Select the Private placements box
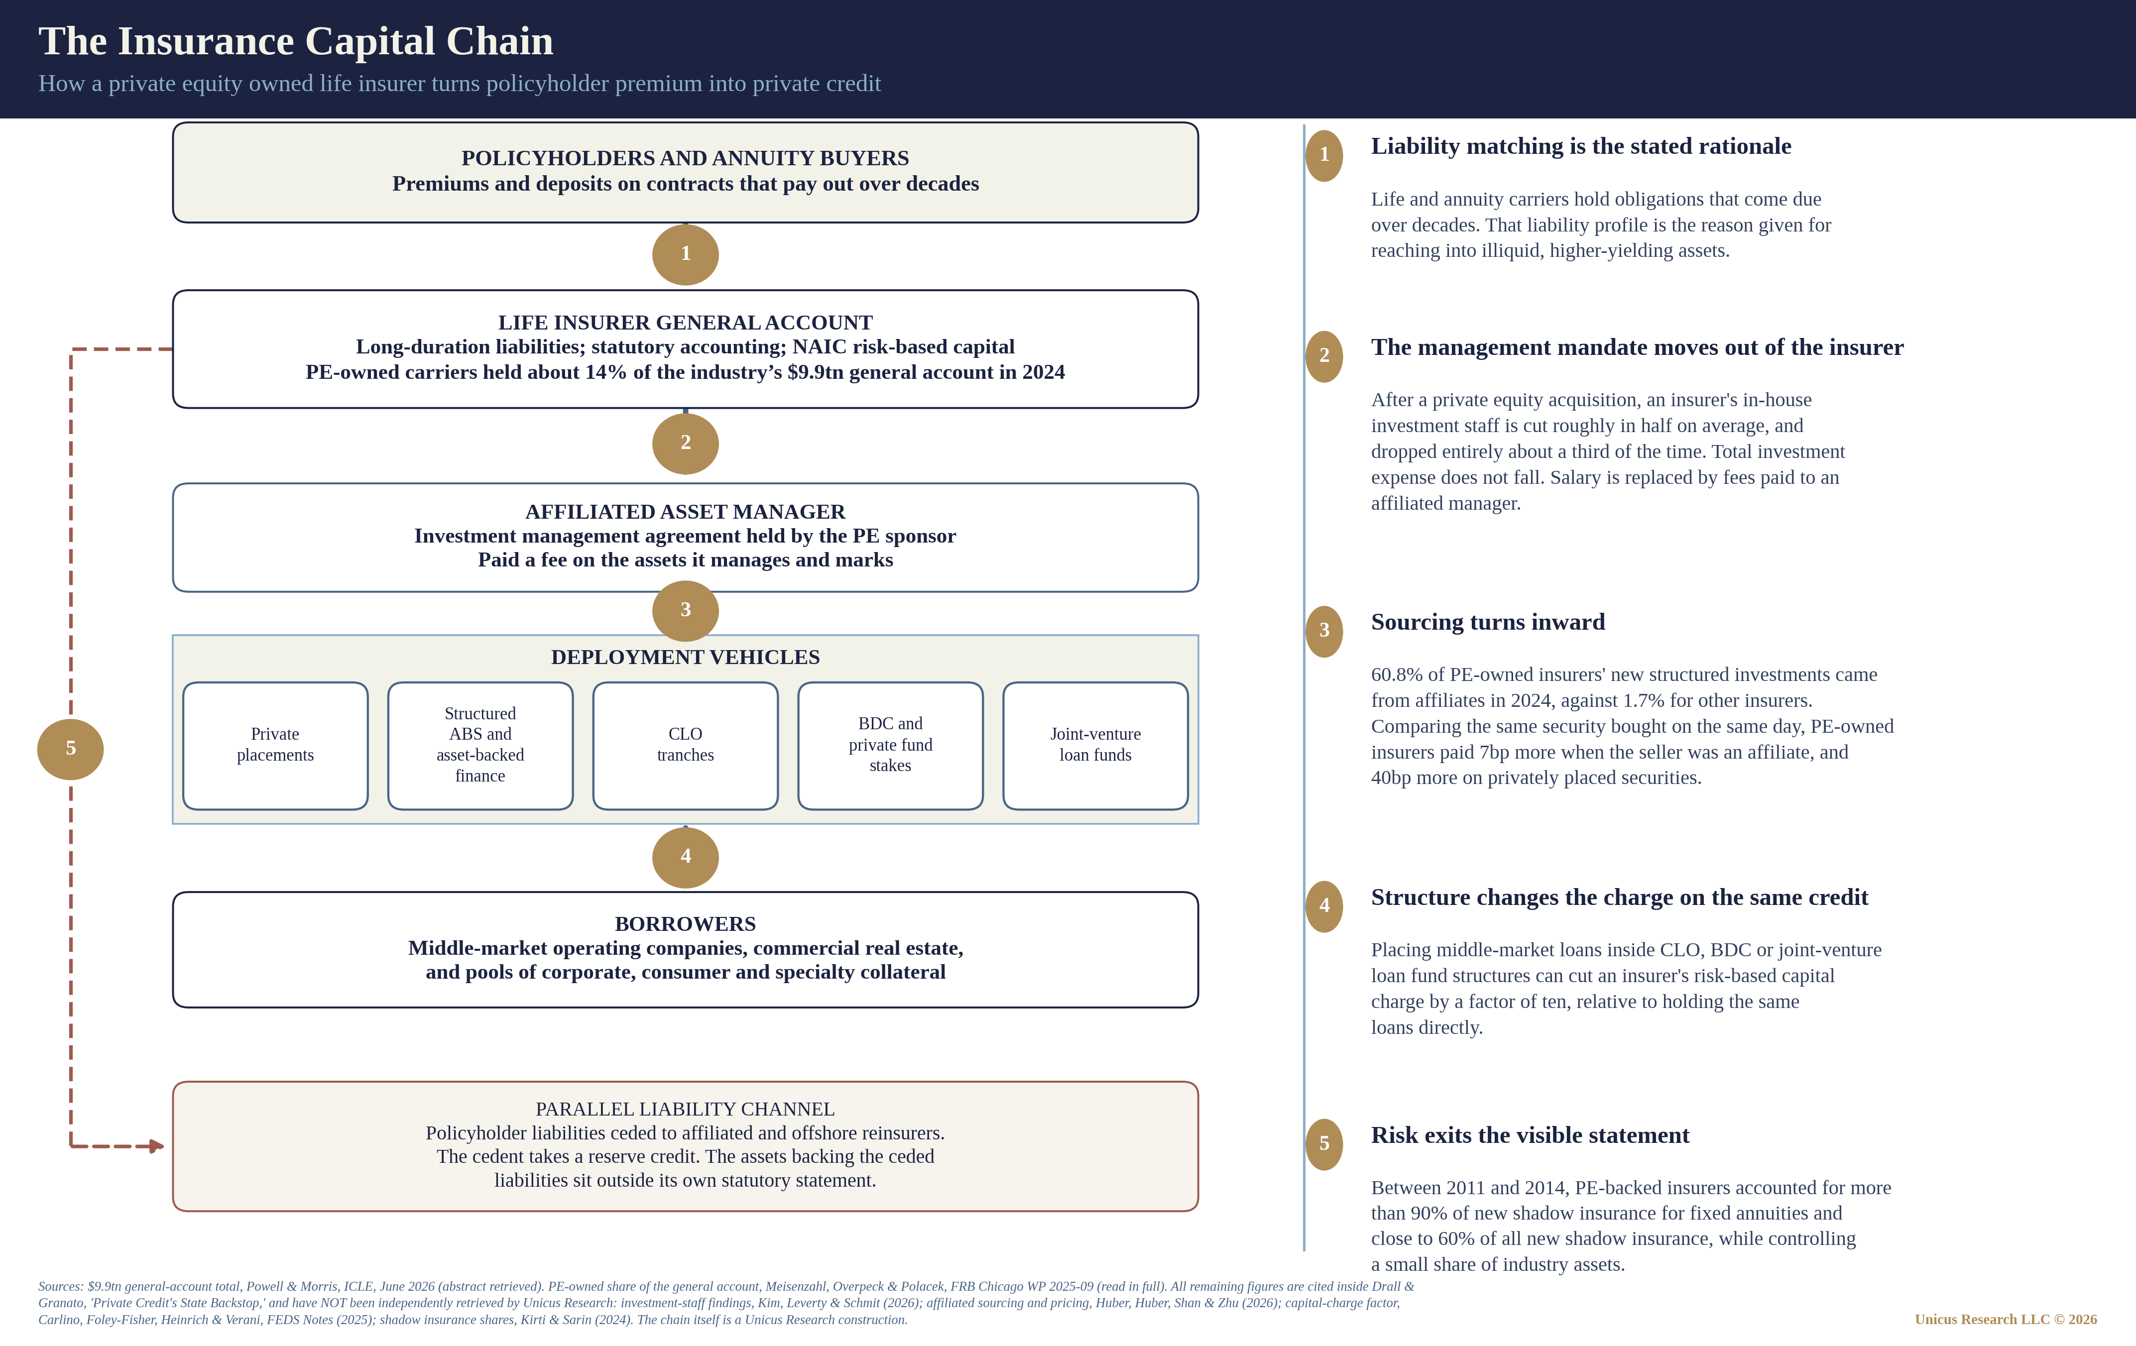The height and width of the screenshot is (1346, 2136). point(275,746)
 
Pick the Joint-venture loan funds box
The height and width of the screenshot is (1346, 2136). point(1095,746)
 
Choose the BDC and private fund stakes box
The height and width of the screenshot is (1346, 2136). point(891,746)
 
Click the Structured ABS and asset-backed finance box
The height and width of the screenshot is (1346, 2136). point(480,746)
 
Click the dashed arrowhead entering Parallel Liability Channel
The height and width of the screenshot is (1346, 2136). point(157,1146)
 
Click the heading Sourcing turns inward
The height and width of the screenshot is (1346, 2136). point(1488,622)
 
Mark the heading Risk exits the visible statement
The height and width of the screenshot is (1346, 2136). point(1530,1136)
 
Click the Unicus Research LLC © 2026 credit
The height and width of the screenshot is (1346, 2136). point(2006,1320)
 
